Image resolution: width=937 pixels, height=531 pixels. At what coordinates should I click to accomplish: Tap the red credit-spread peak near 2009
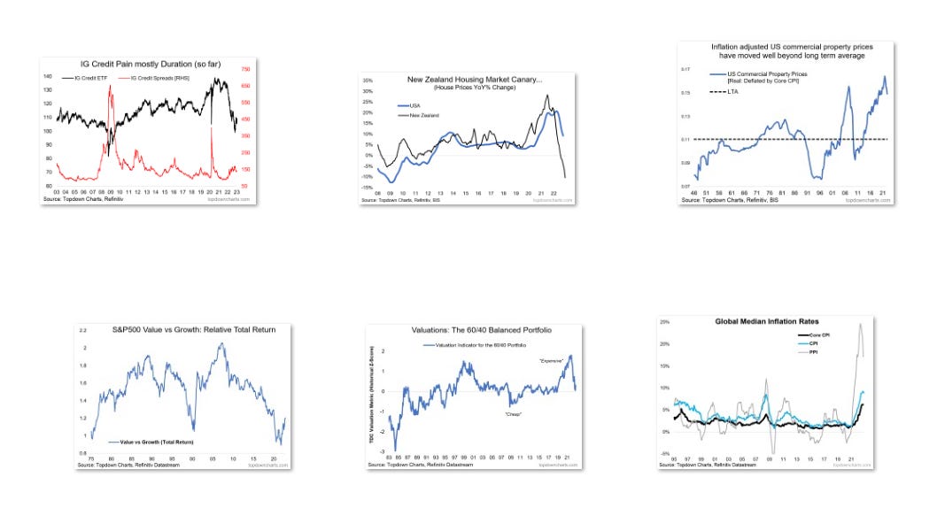click(x=110, y=86)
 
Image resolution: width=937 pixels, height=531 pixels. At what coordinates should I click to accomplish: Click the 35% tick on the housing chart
click(x=368, y=81)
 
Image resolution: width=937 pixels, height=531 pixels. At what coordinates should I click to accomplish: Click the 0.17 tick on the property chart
click(x=685, y=68)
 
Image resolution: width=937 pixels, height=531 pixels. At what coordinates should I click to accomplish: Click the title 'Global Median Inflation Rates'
click(x=767, y=320)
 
